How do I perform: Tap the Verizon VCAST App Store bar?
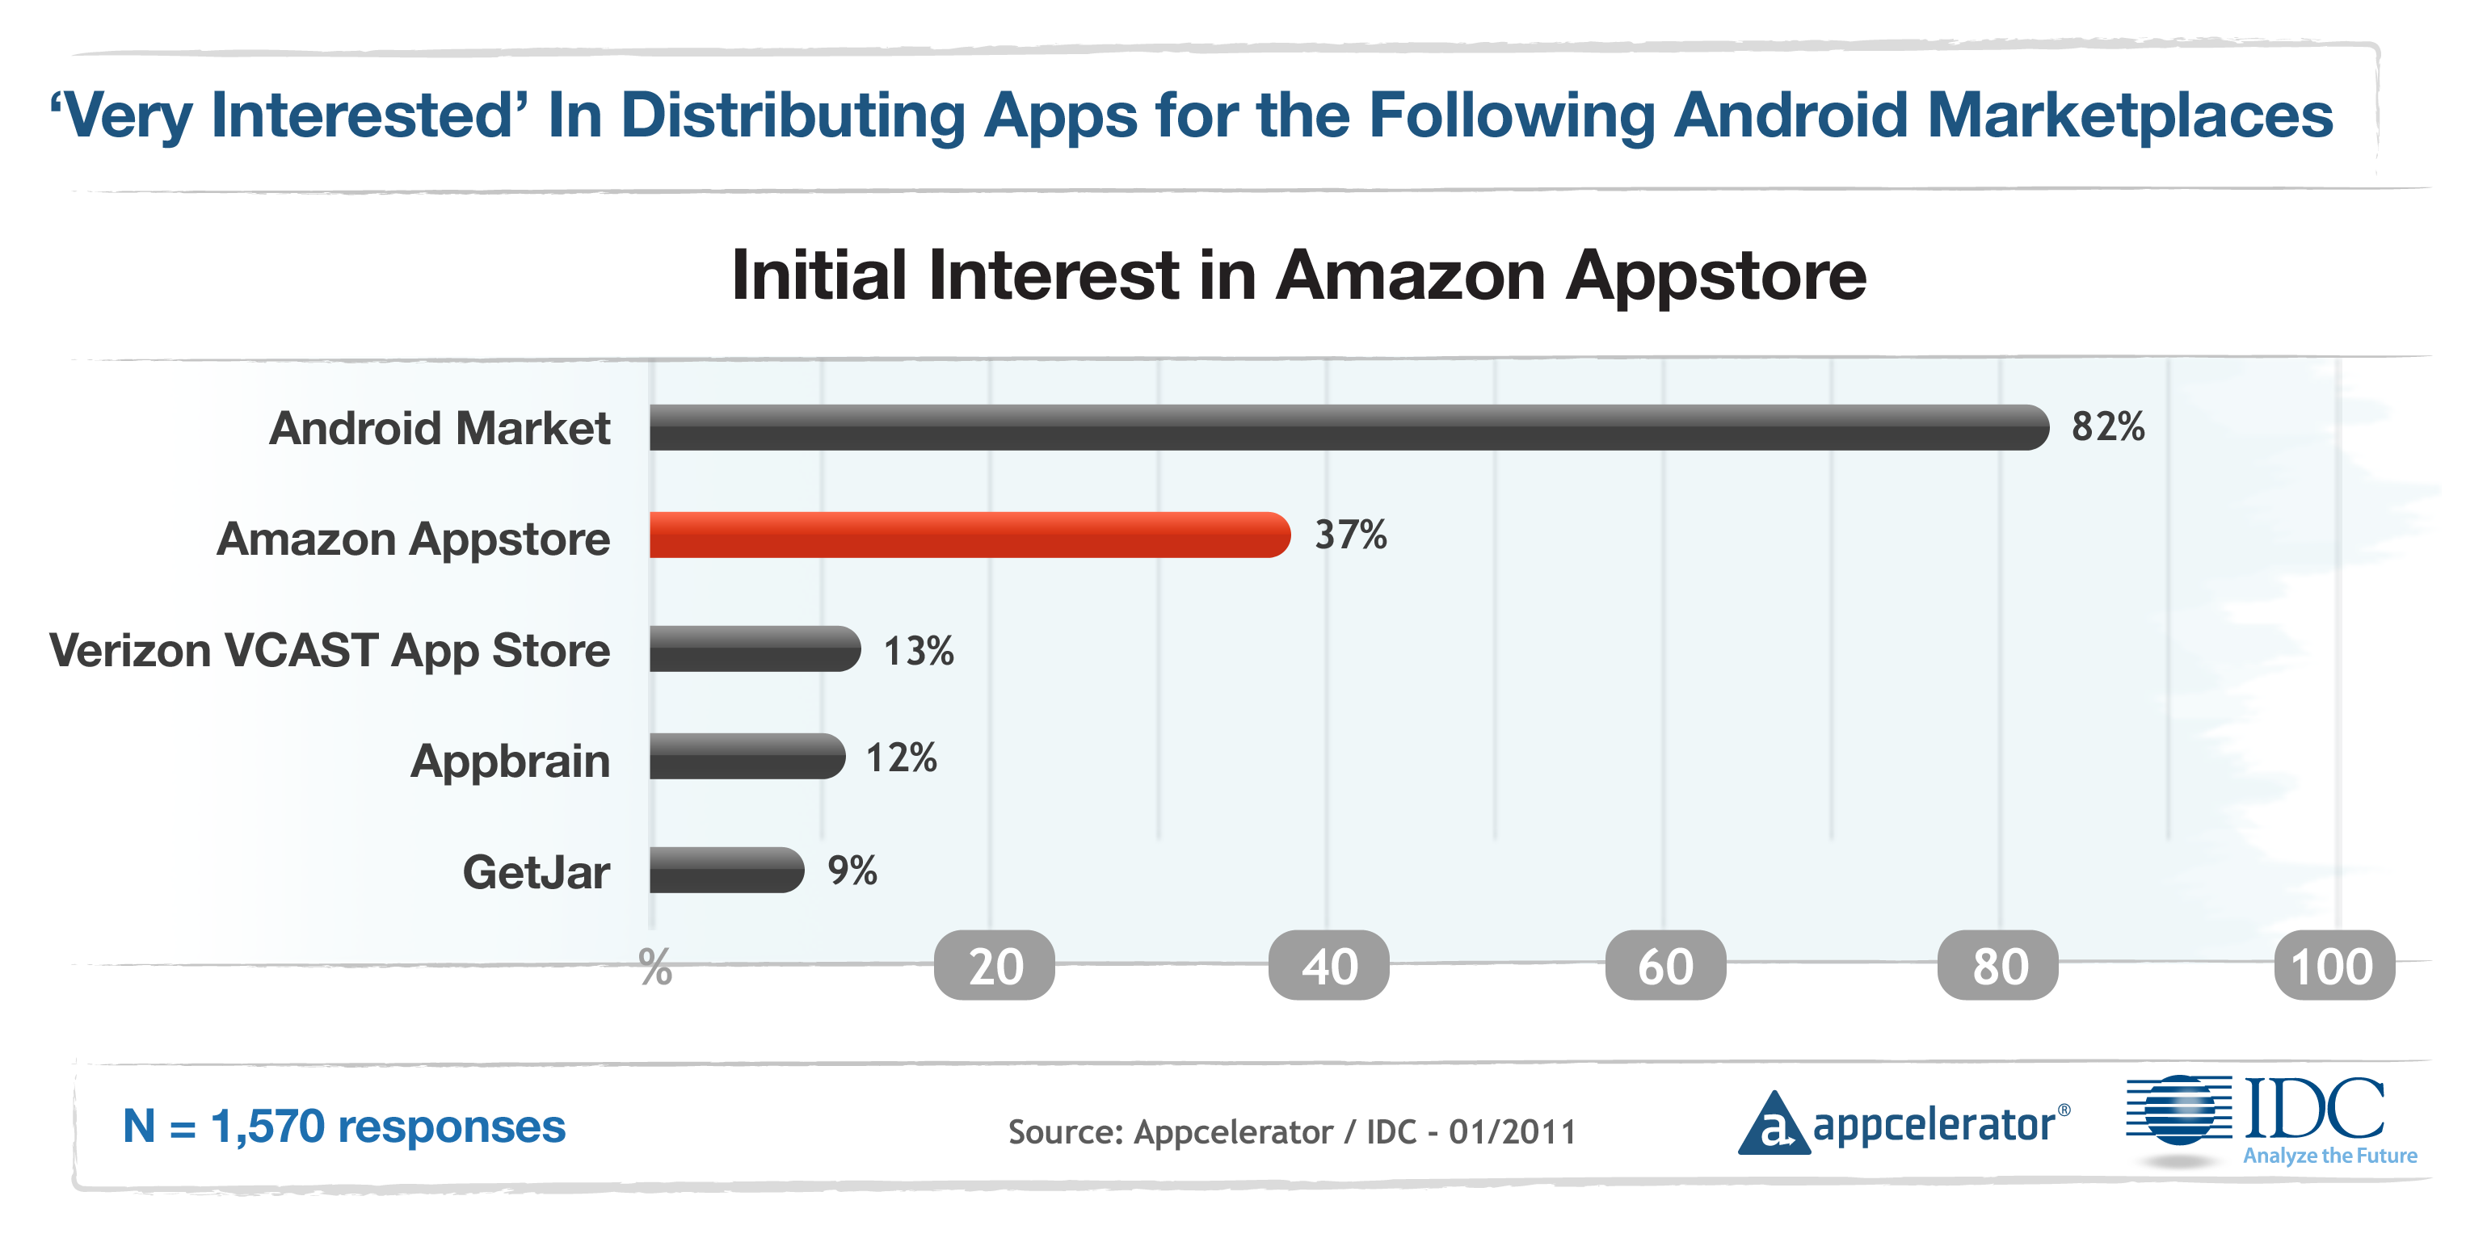tap(754, 648)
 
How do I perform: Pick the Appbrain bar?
tap(747, 757)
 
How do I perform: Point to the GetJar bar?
tap(726, 870)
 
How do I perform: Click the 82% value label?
tap(2107, 426)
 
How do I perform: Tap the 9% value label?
tap(852, 871)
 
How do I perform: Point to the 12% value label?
tap(901, 758)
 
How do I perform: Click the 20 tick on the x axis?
tap(995, 966)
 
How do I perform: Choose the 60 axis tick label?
tap(1665, 966)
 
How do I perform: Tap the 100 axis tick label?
tap(2333, 966)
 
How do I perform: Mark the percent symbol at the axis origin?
tap(655, 967)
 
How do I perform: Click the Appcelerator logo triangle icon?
tap(1773, 1125)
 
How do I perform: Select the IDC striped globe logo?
tap(2179, 1110)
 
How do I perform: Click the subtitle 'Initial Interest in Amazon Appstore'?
tap(1298, 276)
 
